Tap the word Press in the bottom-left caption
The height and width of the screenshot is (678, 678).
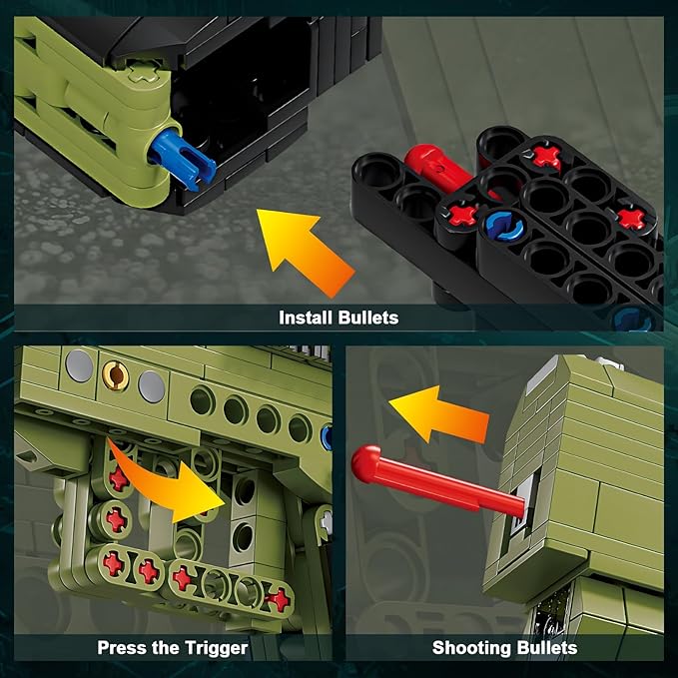pyautogui.click(x=122, y=648)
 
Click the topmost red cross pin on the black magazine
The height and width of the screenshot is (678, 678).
pyautogui.click(x=544, y=155)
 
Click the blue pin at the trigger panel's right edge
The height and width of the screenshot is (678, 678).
pyautogui.click(x=327, y=435)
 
